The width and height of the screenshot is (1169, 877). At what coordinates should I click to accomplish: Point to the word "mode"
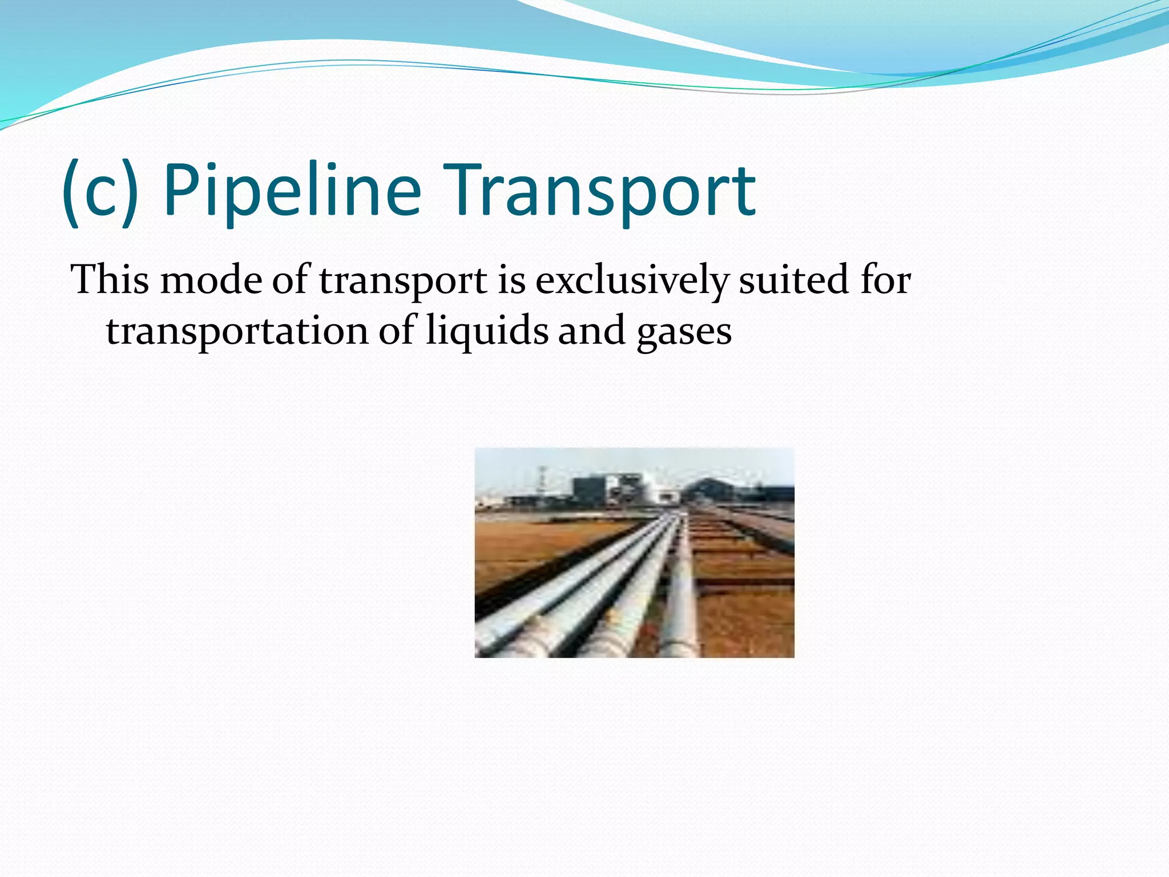211,280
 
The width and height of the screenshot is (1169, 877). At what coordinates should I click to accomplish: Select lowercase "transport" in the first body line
403,281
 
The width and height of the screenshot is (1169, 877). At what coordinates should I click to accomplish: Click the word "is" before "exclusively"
511,280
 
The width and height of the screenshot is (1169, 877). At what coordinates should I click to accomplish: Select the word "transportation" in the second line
237,331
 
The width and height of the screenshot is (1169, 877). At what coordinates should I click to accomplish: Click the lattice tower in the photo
541,482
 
